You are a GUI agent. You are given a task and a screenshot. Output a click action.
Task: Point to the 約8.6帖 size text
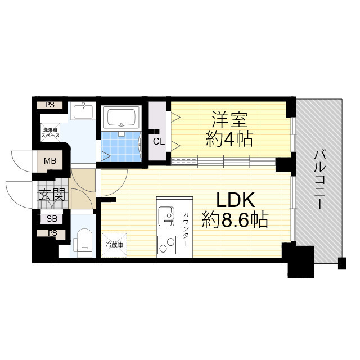coord(236,219)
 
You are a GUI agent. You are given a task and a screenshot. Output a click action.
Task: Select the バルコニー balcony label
coord(319,179)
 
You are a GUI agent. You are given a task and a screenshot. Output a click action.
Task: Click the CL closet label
coord(159,141)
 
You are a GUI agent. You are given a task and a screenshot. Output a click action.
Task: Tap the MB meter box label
coord(51,161)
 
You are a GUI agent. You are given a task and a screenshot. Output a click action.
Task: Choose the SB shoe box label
coord(51,219)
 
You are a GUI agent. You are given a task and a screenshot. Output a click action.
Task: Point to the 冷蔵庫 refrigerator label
coord(114,245)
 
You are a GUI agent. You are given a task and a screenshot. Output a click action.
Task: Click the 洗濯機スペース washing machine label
coord(49,134)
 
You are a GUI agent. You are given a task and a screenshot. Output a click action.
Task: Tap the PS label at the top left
coord(50,105)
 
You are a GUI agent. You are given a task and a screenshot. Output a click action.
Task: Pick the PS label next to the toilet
coord(52,232)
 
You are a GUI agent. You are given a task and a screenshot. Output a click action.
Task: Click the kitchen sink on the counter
coord(166,214)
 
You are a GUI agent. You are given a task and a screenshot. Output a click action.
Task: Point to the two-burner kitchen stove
coord(166,244)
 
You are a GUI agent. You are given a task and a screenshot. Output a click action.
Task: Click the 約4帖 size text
coord(229,138)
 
